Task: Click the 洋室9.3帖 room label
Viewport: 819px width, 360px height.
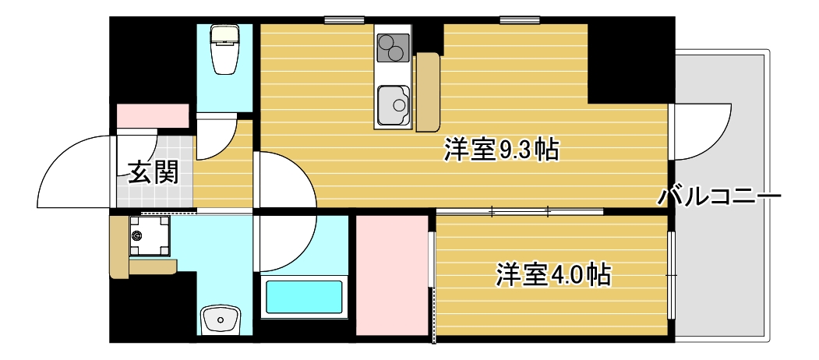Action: [501, 150]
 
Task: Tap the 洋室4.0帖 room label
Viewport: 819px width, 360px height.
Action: [552, 274]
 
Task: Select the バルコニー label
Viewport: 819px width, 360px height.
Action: [718, 196]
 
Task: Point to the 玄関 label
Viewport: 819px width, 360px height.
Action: [153, 171]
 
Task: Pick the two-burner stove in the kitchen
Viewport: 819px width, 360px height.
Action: [394, 48]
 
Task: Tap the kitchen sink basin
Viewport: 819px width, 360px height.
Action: [393, 105]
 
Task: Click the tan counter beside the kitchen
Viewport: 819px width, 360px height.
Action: [428, 92]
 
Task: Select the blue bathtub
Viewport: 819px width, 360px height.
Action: [304, 297]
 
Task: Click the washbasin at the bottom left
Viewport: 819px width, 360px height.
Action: [221, 319]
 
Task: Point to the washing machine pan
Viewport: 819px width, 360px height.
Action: [148, 235]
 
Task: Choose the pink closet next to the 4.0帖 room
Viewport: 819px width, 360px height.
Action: [392, 275]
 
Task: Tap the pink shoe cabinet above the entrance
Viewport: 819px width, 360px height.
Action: [153, 115]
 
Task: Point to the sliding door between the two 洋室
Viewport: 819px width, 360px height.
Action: [520, 211]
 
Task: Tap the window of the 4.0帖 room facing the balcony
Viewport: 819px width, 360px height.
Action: [671, 274]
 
